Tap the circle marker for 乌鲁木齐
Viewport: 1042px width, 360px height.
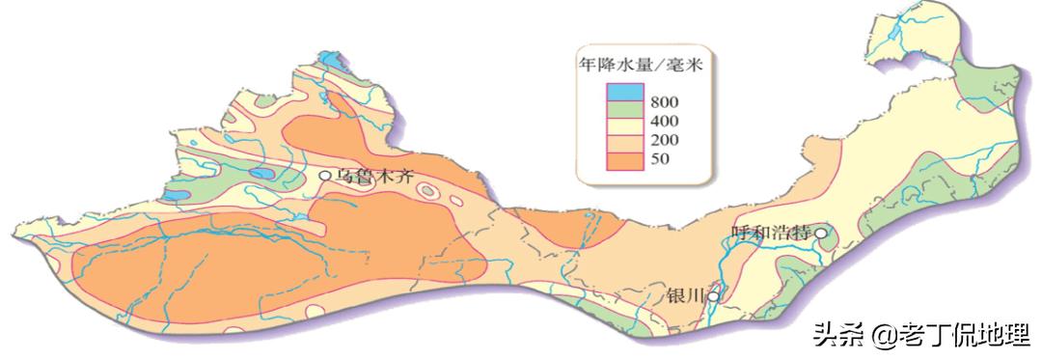tap(325, 176)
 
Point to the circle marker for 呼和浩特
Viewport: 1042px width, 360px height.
tap(821, 232)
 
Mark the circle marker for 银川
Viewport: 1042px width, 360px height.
tap(713, 296)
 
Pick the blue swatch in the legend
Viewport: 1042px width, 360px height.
tap(624, 94)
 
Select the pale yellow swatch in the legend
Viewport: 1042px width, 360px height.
tap(624, 130)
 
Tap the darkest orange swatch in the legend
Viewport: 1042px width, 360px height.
tap(624, 158)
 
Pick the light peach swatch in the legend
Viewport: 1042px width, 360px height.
tap(624, 145)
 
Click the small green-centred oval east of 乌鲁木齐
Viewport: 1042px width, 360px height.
tap(426, 192)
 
